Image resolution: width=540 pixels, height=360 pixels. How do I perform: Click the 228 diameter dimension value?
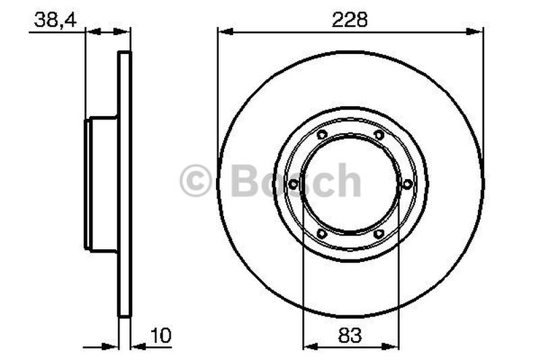coord(350,20)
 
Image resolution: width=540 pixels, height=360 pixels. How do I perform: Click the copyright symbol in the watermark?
coord(196,182)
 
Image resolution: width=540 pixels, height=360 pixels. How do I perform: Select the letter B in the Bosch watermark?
coord(244,180)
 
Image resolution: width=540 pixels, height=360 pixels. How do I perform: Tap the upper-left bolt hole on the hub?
coord(321,135)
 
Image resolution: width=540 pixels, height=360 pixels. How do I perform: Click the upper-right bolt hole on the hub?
coord(379,135)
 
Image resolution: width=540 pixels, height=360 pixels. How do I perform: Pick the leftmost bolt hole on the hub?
coord(293,184)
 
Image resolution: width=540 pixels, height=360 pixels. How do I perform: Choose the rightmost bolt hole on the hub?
coord(407,184)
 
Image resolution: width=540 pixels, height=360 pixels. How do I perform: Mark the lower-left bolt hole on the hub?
coord(321,234)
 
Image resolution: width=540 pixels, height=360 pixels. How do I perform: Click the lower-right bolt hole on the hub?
coord(379,234)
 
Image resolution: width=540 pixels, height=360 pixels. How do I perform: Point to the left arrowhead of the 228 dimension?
coord(223,30)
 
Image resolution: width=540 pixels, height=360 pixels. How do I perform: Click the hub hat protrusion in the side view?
coord(101,184)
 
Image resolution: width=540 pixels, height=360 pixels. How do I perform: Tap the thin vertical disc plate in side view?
coord(124,184)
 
